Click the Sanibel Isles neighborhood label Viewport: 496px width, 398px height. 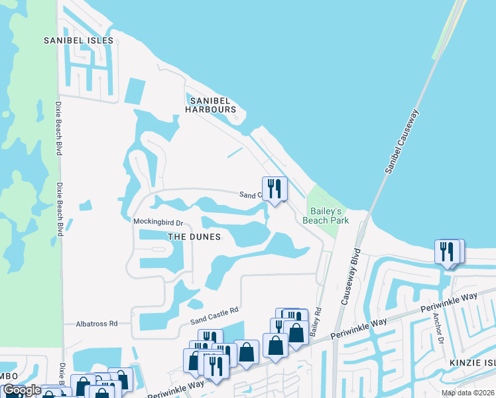click(x=80, y=40)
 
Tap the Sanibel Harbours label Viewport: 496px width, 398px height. click(x=210, y=105)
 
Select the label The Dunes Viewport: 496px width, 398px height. click(x=194, y=236)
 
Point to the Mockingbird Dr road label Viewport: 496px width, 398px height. click(x=158, y=222)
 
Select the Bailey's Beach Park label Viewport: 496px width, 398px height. click(x=326, y=214)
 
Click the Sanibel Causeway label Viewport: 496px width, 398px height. click(x=403, y=141)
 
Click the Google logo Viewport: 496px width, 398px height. click(x=21, y=391)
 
